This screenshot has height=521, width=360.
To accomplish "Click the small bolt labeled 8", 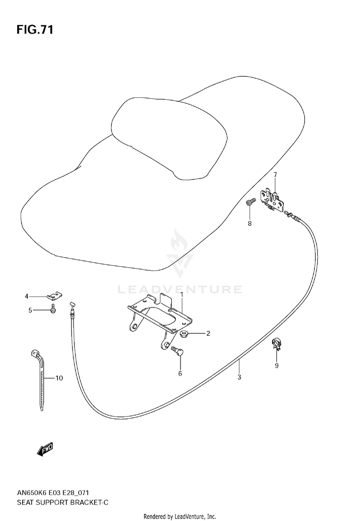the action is [249, 203].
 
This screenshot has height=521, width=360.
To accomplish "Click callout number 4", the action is [27, 296].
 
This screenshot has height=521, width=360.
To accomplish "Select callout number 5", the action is [30, 310].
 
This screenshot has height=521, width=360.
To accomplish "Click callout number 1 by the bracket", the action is [182, 294].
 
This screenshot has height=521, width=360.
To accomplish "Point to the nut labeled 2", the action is [185, 333].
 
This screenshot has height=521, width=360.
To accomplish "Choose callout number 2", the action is [208, 333].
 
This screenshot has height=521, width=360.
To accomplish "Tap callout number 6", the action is [180, 373].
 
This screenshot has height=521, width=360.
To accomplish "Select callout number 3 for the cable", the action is [239, 377].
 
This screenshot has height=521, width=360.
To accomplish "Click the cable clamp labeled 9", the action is [276, 343].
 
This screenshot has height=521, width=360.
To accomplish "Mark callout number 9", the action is [276, 367].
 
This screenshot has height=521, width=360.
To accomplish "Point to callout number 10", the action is [59, 379].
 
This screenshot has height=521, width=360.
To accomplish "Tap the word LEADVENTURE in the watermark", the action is [180, 289].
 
